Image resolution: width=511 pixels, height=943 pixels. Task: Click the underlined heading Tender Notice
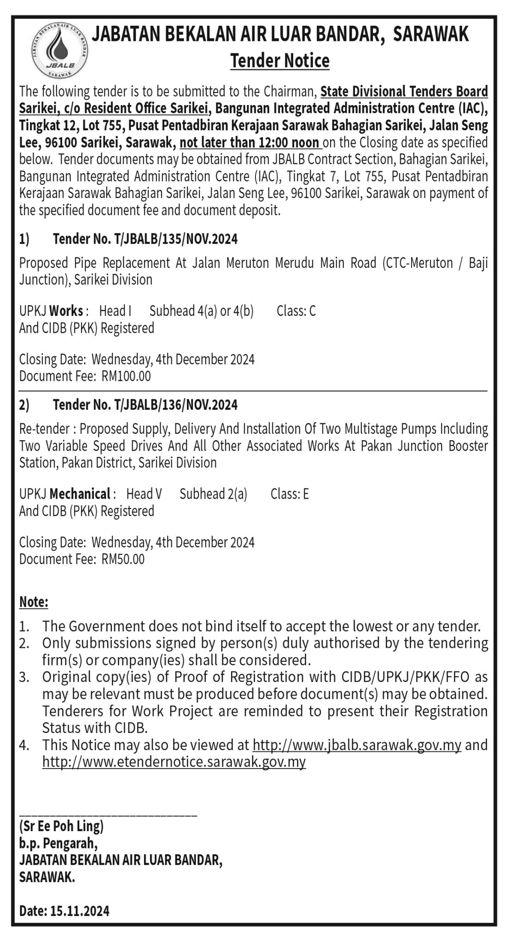(280, 61)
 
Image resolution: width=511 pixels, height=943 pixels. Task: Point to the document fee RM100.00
(126, 376)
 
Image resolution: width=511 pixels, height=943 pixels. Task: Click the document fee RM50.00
(123, 559)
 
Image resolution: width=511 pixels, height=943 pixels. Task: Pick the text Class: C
(296, 311)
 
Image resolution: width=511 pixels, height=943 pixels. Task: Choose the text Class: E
(290, 494)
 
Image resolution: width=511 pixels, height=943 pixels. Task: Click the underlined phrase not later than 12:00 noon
(250, 143)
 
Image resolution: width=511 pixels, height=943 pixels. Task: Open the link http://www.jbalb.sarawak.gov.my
(357, 745)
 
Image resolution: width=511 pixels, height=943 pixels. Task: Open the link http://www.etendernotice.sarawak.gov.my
(174, 762)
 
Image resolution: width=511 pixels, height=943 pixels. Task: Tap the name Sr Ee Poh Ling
(61, 827)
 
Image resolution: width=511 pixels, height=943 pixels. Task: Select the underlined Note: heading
(34, 602)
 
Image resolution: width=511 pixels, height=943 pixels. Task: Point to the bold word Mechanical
(79, 494)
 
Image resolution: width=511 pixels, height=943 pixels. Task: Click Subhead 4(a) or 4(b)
(202, 311)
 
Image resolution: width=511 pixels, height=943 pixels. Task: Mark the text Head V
(144, 494)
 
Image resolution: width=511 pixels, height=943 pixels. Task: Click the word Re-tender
(45, 429)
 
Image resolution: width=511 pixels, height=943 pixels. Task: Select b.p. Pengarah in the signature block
(58, 844)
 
